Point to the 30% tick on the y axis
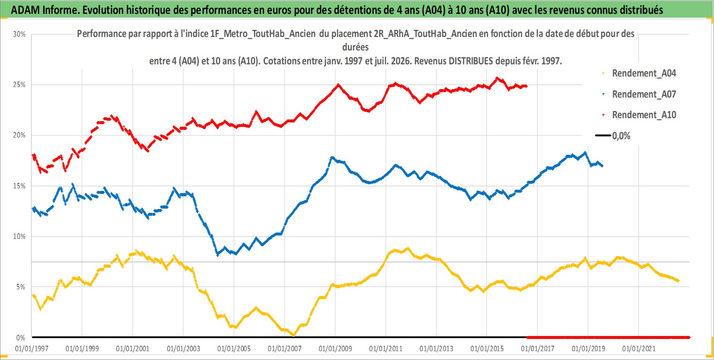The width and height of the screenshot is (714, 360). coord(19,34)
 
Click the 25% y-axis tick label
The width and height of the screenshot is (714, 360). coord(19,85)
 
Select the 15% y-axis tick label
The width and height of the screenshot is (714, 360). coord(19,186)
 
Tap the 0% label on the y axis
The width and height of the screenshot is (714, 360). coord(21,338)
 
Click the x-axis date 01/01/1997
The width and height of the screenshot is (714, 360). coord(32,349)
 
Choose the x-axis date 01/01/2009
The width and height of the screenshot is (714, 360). coord(335,349)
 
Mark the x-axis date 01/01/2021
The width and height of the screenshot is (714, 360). coord(639,349)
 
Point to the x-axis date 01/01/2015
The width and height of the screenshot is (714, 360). coord(487,349)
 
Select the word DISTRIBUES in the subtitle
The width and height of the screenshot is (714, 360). coord(471,61)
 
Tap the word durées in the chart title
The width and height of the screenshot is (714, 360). coord(355,47)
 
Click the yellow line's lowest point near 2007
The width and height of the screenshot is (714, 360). coord(293,335)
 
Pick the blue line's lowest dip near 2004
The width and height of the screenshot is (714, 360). coord(218,254)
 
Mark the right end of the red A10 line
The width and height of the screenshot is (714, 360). coord(526,86)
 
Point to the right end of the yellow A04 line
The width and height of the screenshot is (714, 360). coord(678,281)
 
